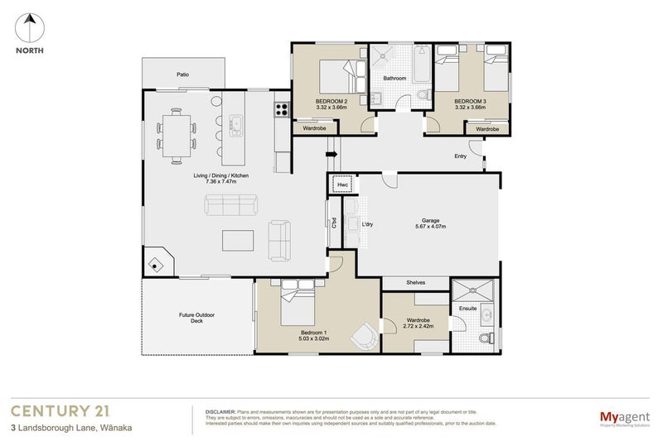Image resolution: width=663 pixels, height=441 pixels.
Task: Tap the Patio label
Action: [x=182, y=74]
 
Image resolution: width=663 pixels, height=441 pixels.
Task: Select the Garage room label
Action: [x=430, y=219]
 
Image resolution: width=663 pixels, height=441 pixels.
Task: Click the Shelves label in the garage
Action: [x=415, y=283]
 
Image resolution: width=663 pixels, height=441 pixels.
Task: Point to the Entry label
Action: [x=460, y=156]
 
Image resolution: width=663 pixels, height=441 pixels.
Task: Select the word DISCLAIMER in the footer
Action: [x=220, y=410]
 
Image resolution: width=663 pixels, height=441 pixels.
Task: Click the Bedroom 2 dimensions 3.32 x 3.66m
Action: [x=330, y=107]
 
